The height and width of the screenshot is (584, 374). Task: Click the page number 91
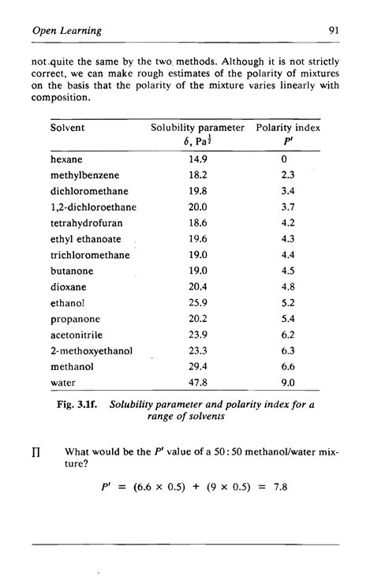click(333, 32)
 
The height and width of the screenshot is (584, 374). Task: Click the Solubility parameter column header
click(198, 127)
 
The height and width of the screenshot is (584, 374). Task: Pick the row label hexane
click(66, 159)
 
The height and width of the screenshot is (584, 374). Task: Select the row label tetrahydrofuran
click(83, 223)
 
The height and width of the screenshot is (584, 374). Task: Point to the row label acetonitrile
click(76, 335)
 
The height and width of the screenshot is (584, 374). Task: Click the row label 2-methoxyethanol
click(91, 350)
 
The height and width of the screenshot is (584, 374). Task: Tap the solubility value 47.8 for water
click(198, 383)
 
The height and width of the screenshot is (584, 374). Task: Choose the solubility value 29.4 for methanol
click(198, 367)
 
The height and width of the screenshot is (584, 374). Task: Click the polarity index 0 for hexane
click(287, 159)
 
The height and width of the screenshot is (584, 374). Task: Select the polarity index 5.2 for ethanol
click(287, 302)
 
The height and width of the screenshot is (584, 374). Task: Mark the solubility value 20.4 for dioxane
click(198, 286)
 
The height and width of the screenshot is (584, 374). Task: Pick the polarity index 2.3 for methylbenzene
click(287, 174)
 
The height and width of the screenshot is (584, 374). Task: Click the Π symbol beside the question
click(36, 453)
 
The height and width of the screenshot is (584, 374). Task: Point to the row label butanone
click(70, 271)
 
